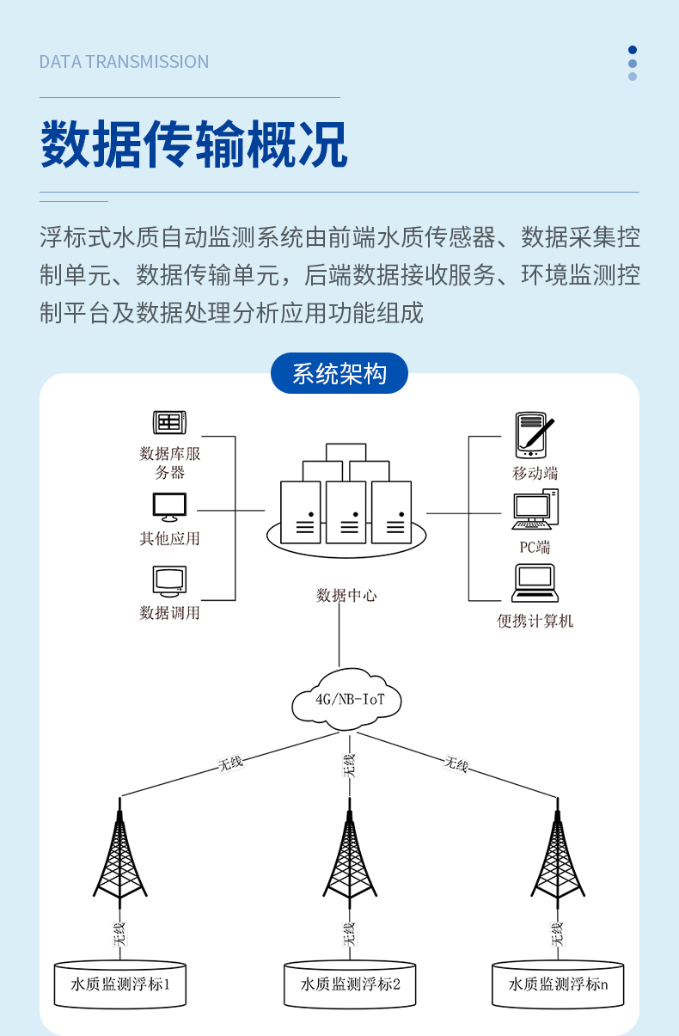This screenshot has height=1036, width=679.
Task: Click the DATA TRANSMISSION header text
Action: coord(124,62)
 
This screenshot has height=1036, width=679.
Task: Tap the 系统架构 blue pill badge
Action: coord(339,374)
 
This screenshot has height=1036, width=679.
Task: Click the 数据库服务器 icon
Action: coord(169,422)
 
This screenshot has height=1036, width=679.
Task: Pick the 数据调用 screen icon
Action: coord(169,581)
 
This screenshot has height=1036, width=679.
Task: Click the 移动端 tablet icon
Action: coord(534,436)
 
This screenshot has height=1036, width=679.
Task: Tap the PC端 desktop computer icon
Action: coord(535,510)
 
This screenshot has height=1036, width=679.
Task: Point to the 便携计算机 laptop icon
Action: coord(535,583)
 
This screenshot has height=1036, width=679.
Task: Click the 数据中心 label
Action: coord(346,595)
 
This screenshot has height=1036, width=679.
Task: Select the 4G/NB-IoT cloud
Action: coord(346,699)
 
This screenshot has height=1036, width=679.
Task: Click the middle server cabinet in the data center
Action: coord(346,512)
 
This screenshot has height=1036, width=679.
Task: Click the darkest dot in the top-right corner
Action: coord(633,50)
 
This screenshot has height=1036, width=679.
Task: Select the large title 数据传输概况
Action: coord(194,144)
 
